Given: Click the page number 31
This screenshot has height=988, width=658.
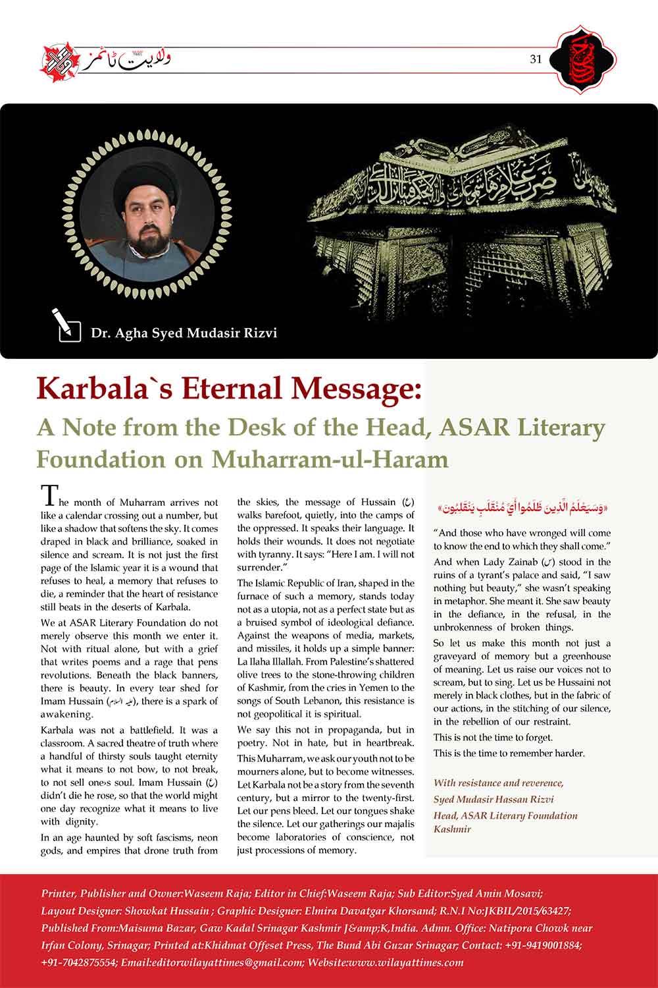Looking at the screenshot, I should [535, 59].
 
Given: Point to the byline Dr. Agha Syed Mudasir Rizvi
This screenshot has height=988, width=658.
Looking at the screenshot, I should [184, 333].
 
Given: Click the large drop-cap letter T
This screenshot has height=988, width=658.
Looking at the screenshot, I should [49, 495].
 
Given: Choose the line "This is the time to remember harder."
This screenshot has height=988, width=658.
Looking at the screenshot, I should [509, 753].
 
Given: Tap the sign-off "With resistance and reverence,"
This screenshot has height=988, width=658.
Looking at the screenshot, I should [498, 783].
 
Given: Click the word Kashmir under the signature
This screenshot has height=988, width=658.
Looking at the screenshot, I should [453, 829].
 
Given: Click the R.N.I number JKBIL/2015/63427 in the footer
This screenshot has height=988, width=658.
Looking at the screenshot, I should [519, 911].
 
